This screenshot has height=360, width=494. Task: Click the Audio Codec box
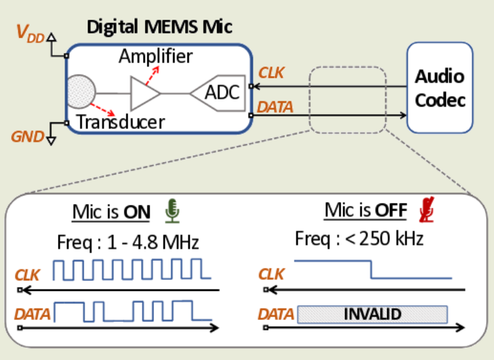pos(439,88)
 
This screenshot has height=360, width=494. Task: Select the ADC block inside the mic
pos(217,93)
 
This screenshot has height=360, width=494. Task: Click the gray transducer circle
pos(81,91)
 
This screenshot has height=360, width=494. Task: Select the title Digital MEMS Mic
pos(160,28)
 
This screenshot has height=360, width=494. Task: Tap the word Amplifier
pos(155,56)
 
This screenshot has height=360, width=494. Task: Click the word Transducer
pos(120,122)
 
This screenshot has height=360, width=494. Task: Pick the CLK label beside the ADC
pos(271,73)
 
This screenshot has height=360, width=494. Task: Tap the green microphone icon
pos(172,211)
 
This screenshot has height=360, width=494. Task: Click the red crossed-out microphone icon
pos(427,210)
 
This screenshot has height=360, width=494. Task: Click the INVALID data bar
pos(372,314)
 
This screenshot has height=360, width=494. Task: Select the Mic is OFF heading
pos(366,211)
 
